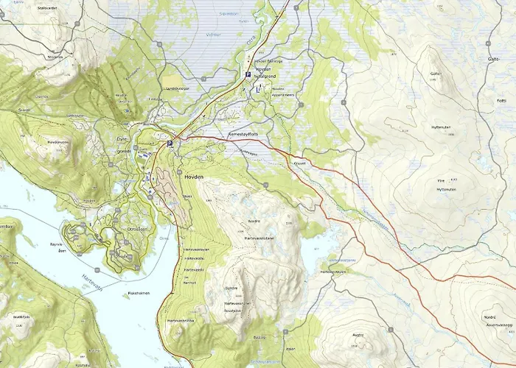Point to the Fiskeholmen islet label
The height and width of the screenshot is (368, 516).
click(x=139, y=293)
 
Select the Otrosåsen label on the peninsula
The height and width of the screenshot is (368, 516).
click(x=138, y=229)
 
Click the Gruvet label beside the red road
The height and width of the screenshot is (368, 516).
click(x=299, y=164)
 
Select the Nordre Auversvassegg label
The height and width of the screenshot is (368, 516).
click(x=497, y=321)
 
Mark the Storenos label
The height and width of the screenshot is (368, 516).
click(x=55, y=56)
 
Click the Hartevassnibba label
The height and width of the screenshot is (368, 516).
click(x=180, y=321)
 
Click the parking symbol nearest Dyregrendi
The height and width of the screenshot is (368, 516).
click(x=169, y=144)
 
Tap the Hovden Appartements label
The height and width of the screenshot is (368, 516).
click(x=284, y=92)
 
